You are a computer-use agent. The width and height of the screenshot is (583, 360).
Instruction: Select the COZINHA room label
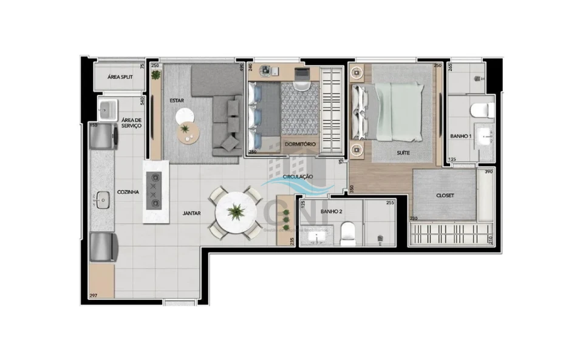[x=128, y=192]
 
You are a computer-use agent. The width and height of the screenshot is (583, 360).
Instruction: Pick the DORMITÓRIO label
[x=300, y=144]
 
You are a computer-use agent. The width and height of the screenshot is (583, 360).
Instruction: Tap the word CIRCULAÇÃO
[x=297, y=176]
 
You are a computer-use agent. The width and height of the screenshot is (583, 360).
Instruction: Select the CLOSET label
[x=446, y=196]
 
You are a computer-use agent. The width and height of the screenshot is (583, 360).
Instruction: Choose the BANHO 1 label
[x=461, y=137]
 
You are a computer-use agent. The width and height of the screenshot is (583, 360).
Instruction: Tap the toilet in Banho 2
[x=349, y=234]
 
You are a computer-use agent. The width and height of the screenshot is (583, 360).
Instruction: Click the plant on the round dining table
[x=235, y=212]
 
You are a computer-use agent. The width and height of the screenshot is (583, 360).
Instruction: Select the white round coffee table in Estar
[x=184, y=116]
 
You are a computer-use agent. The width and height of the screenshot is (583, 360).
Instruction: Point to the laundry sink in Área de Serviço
[x=107, y=110]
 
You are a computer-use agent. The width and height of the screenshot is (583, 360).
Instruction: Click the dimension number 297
[x=94, y=296]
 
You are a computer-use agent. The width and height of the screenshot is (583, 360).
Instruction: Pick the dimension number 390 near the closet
[x=488, y=172]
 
